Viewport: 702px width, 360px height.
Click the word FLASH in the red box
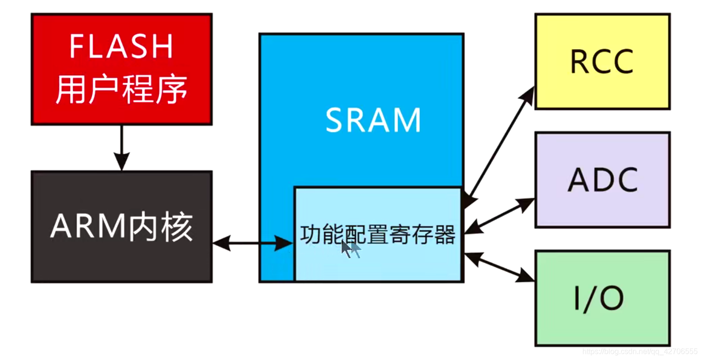click(x=121, y=46)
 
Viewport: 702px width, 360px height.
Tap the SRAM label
click(x=373, y=120)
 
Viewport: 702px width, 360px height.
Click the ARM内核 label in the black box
click(x=121, y=227)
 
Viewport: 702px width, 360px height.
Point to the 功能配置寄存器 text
click(x=378, y=235)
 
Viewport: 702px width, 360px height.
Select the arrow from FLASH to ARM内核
click(x=122, y=147)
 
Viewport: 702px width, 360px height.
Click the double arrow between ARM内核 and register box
click(x=253, y=244)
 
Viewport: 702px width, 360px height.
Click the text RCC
click(x=602, y=62)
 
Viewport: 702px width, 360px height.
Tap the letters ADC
click(x=603, y=180)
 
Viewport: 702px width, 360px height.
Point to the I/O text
click(x=598, y=298)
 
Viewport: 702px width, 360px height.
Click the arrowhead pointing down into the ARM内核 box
click(x=122, y=164)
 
